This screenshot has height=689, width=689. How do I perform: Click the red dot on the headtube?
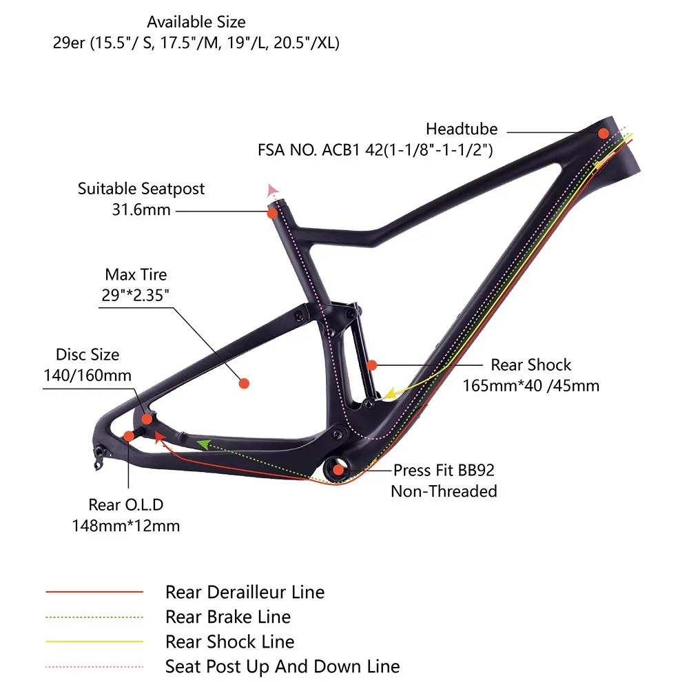point(604,133)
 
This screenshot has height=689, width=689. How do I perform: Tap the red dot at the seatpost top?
point(273,213)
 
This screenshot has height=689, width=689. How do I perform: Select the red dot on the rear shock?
point(372,364)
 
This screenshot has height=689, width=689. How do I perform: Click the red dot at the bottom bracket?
point(338,471)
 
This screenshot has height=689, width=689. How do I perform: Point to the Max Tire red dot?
point(243,383)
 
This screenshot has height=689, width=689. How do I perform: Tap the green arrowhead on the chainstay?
point(204,444)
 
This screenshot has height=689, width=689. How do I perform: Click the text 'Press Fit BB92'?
point(444,471)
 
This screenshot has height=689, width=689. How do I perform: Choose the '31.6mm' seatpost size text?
point(141,209)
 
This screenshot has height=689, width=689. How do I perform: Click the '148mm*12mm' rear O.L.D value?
point(126,526)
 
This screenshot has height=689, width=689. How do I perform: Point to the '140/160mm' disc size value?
point(88,376)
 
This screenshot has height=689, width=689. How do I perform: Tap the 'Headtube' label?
point(462,129)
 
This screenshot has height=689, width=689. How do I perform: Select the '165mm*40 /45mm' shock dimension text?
point(531,386)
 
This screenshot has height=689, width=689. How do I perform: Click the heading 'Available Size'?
point(196,23)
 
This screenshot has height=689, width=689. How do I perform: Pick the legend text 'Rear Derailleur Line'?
point(245,592)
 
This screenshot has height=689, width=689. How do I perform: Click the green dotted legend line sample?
point(94,617)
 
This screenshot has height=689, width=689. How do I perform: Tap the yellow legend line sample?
point(94,642)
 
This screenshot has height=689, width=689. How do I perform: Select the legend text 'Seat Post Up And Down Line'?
point(282,666)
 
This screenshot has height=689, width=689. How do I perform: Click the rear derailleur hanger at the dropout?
point(99,455)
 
